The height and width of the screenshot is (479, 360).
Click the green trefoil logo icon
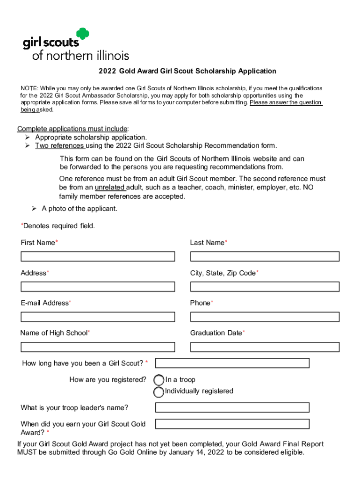[82, 35]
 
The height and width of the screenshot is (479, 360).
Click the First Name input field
[98, 256]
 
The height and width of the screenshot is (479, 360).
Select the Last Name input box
[265, 256]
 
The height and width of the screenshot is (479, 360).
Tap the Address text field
[98, 287]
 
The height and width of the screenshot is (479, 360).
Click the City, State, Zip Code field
[265, 287]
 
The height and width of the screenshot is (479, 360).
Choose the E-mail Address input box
[98, 317]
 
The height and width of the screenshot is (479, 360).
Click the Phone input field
[265, 317]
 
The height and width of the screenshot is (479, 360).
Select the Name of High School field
[98, 347]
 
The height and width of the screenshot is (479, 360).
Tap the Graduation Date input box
[265, 347]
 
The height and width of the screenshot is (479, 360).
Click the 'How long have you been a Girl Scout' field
[232, 363]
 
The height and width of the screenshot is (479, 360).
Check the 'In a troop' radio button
[159, 380]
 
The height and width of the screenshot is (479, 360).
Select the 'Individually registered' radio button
[159, 392]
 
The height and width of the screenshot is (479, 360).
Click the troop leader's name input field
[232, 407]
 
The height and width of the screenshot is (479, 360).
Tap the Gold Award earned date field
[232, 424]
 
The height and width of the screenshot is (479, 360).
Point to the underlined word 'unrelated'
[110, 188]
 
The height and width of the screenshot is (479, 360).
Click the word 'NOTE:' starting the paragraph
[29, 88]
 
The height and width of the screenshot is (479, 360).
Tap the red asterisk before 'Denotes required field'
[22, 226]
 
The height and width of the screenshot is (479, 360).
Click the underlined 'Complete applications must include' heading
[72, 129]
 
